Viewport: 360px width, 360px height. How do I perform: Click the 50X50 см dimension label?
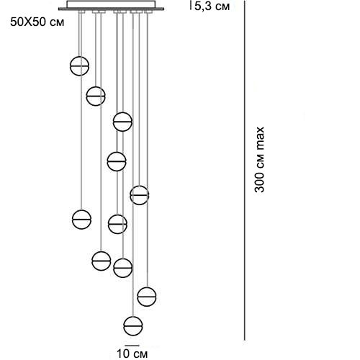[37, 22]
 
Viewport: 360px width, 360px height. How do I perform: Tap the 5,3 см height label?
[212, 6]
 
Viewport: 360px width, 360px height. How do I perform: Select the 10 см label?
[132, 354]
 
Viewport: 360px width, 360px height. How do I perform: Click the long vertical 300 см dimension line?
[245, 170]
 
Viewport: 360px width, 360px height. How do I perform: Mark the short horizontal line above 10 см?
[132, 346]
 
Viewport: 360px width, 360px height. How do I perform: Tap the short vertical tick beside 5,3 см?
[191, 5]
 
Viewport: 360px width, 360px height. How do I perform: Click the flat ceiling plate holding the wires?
[111, 9]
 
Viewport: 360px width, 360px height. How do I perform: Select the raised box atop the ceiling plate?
[111, 4]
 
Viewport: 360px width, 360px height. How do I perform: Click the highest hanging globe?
[79, 66]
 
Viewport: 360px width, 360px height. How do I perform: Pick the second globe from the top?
[96, 96]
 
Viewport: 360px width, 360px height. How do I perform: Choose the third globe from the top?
[122, 122]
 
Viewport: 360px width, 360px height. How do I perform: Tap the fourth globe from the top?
[117, 161]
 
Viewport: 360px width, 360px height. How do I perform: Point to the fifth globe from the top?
[140, 195]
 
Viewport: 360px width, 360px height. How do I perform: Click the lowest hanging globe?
[133, 325]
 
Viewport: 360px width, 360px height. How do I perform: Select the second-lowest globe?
[147, 297]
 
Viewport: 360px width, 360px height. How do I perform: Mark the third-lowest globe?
[122, 268]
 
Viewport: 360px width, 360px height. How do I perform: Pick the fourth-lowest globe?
[102, 261]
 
